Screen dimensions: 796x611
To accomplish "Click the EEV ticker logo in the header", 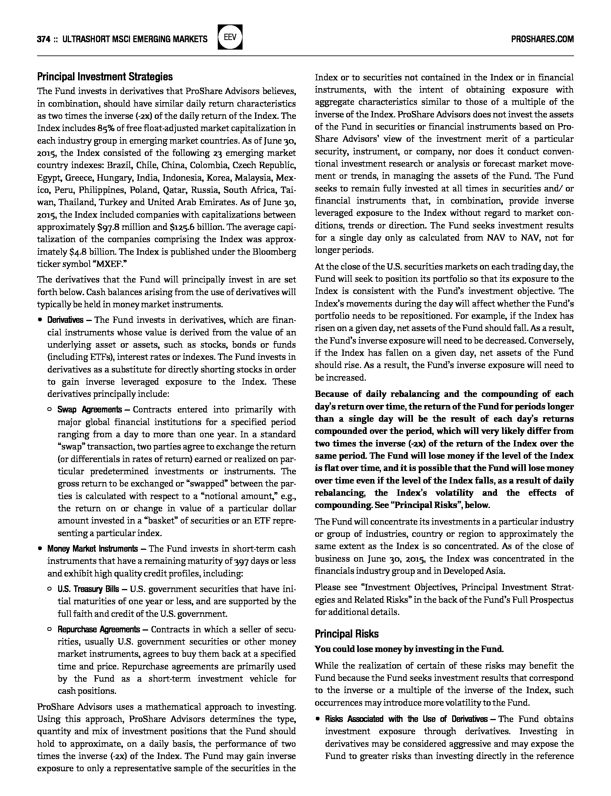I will point(230,37).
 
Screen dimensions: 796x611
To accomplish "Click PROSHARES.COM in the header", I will point(542,39).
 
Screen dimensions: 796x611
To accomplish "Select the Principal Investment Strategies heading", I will point(105,77).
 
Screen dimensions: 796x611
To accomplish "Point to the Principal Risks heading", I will point(347,634).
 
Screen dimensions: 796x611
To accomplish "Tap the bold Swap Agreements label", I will point(89,409).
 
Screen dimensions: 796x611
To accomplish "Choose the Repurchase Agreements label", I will point(99,629).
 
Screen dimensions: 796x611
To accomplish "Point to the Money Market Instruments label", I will point(92,549).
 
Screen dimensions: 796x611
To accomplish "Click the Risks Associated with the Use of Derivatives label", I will point(406,719).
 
